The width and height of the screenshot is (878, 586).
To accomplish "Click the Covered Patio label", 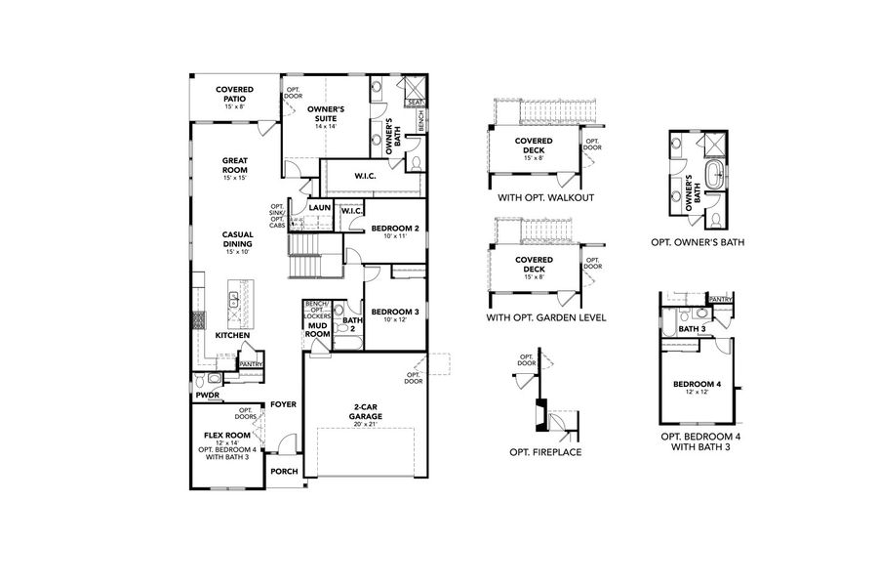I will (235, 94).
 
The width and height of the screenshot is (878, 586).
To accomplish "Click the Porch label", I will (284, 471).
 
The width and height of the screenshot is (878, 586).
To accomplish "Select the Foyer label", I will (283, 404).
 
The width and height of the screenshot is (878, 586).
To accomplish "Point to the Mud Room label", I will (318, 329).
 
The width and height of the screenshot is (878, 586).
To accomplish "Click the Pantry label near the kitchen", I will (251, 364).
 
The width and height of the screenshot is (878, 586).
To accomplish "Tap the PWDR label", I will (206, 397).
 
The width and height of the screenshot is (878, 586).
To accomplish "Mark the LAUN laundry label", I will (319, 209).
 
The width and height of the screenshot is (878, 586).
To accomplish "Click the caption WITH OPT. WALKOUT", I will (545, 197).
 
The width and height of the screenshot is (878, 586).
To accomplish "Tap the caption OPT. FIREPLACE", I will (545, 453).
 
